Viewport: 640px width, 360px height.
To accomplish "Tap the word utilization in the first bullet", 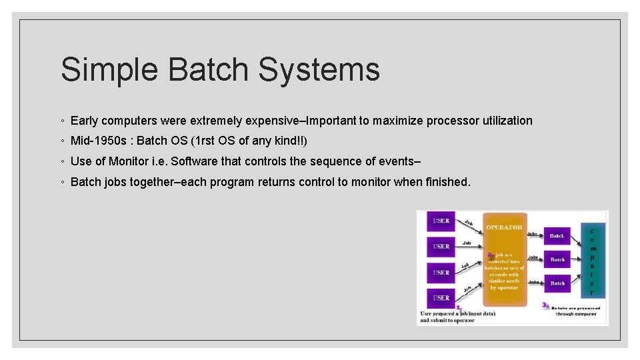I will tap(503, 121).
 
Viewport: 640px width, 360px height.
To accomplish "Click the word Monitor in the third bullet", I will tap(129, 161).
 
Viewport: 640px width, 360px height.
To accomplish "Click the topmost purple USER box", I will tap(441, 221).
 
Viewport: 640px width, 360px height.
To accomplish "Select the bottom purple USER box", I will tap(441, 297).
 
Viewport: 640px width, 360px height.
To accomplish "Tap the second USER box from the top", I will tap(441, 247).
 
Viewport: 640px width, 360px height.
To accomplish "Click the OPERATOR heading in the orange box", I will tap(504, 227).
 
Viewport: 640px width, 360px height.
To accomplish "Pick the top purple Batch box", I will tap(557, 235).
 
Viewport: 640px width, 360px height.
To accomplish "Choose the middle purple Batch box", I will tap(557, 259).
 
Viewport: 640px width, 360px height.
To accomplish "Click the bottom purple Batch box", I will tap(557, 283).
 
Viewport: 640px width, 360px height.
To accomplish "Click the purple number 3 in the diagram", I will tap(545, 305).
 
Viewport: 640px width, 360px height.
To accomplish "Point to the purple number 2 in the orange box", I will tap(490, 254).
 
